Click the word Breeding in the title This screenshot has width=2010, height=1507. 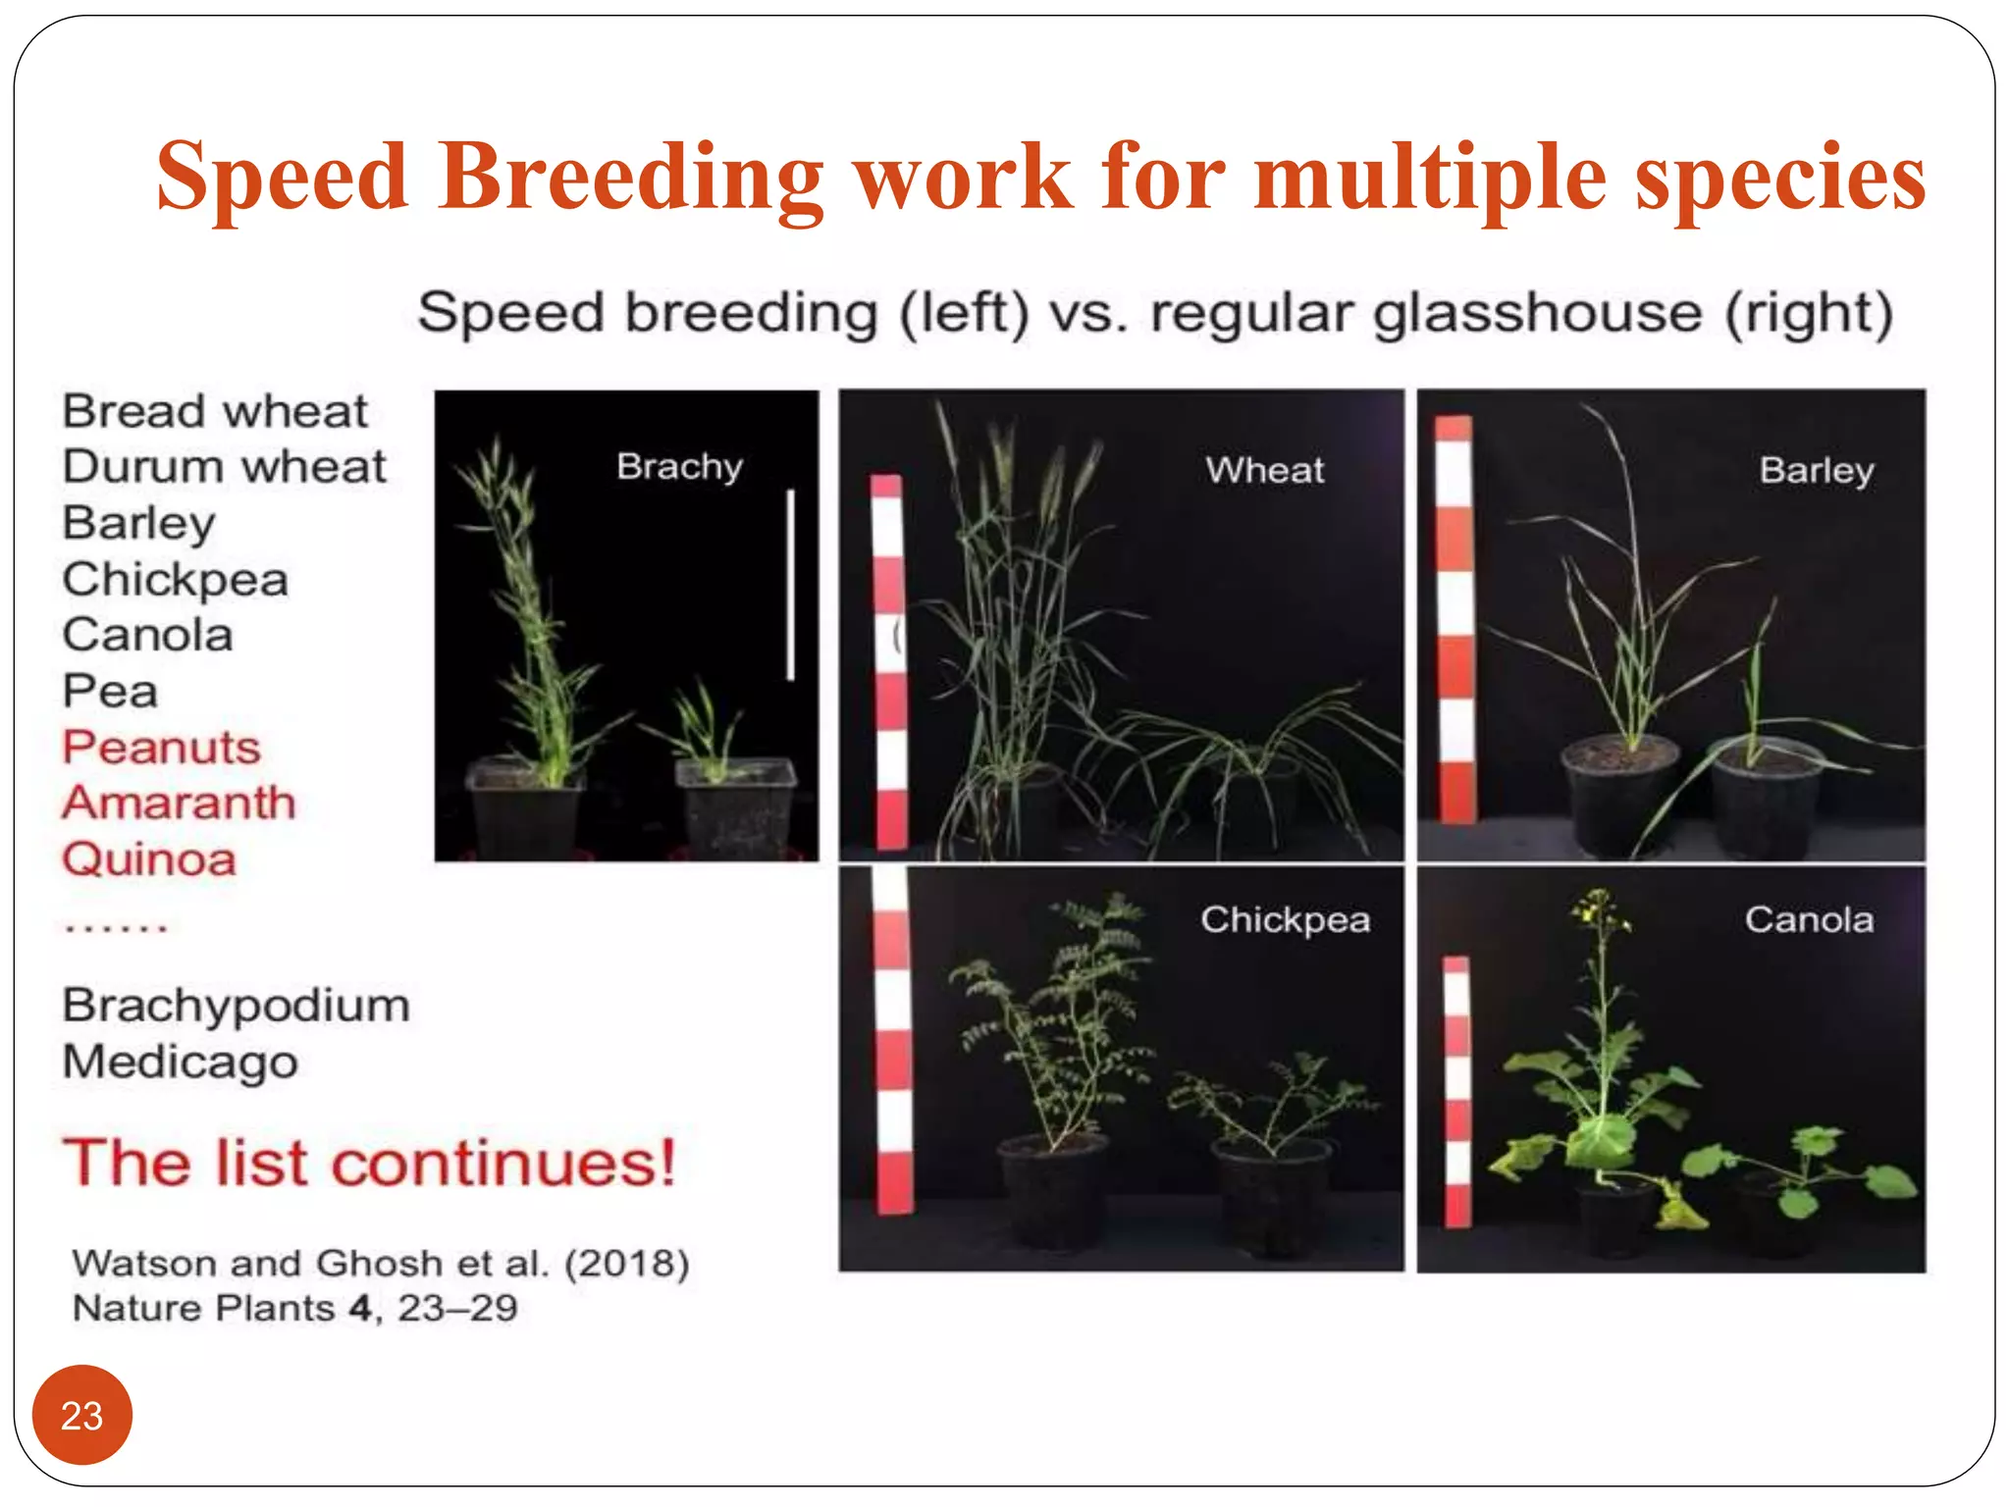pos(631,177)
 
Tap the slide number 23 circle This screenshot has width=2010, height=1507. pos(81,1415)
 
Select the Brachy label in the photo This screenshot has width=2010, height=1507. pos(679,466)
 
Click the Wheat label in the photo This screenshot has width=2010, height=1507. pos(1264,470)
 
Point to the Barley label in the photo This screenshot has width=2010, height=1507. pos(1816,470)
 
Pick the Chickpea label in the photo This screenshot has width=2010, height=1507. pos(1285,919)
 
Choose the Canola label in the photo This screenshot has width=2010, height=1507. pos(1809,919)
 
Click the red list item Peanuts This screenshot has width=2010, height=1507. pos(161,747)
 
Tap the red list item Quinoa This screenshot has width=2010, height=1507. pos(149,859)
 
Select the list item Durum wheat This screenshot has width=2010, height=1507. pos(224,466)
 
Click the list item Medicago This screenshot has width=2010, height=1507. pos(180,1062)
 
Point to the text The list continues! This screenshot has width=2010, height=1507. pos(369,1163)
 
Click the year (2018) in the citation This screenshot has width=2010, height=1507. pos(626,1263)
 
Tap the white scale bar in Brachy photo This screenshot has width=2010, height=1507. pos(790,585)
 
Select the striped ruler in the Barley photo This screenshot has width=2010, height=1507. pos(1455,618)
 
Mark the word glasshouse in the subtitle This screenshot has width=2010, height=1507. pos(1537,314)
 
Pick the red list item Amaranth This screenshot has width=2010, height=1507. pos(179,803)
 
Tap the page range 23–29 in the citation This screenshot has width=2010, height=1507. pos(457,1308)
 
